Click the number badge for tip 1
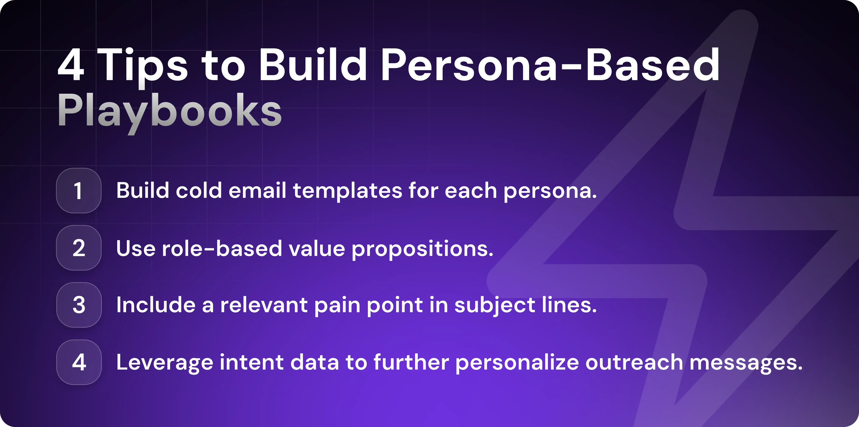pyautogui.click(x=79, y=191)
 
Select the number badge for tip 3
pyautogui.click(x=79, y=305)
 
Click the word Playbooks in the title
pyautogui.click(x=169, y=111)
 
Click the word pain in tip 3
pyautogui.click(x=337, y=305)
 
